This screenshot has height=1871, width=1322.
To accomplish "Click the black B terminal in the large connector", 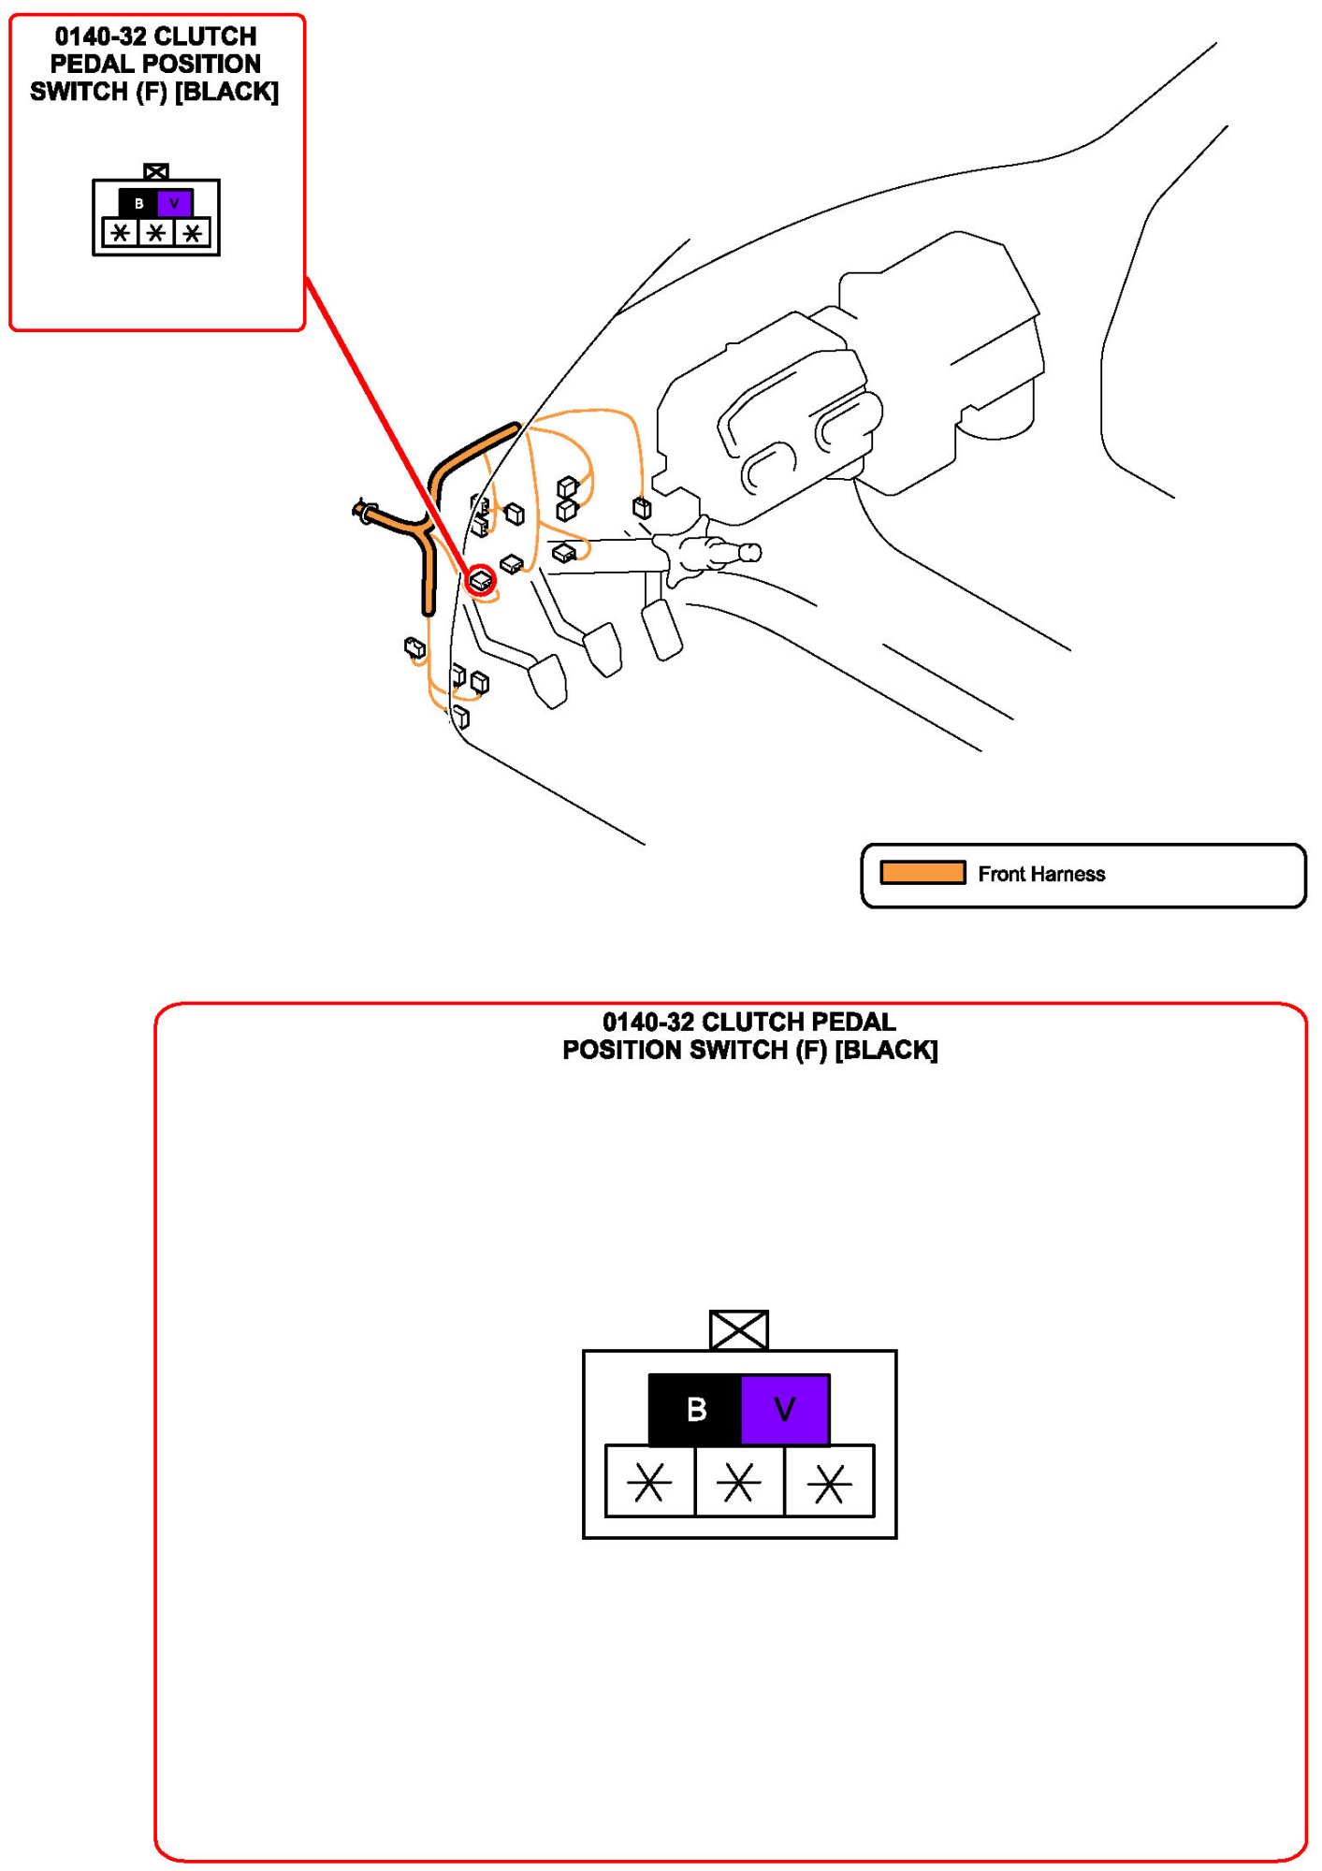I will (x=694, y=1409).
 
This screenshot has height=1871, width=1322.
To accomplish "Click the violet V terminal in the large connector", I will (x=785, y=1409).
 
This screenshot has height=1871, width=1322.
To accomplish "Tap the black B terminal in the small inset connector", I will (x=138, y=203).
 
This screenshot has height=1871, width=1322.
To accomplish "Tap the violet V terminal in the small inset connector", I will (x=174, y=203).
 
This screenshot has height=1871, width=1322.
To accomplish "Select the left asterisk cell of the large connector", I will (x=649, y=1482).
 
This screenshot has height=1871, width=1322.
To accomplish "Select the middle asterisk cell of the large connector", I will (x=739, y=1482).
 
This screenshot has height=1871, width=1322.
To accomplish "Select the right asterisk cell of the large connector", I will (x=829, y=1482).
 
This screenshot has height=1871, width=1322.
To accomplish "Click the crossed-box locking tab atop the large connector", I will (x=739, y=1329).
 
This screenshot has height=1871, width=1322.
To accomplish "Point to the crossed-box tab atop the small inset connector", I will (x=156, y=171).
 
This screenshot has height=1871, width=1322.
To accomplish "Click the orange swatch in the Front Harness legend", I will (x=922, y=873).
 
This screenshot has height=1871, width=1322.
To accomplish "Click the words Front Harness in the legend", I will (x=1041, y=874).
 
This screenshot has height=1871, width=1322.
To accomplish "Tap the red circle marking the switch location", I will (x=481, y=580).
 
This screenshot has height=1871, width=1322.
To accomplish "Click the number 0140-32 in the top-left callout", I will (x=100, y=36).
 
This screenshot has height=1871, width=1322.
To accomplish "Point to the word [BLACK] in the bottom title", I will (x=886, y=1050).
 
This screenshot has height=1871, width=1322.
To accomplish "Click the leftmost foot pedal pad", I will (x=548, y=680).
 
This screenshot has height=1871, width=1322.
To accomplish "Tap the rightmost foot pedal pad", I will (x=662, y=629).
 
